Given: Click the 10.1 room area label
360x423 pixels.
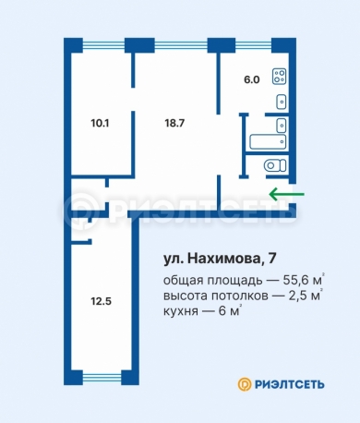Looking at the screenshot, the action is point(100,124).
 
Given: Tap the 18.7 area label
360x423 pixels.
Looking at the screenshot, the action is point(174,123).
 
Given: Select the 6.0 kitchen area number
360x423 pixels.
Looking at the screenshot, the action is point(252,79).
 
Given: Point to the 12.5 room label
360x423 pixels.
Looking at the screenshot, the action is point(101,301).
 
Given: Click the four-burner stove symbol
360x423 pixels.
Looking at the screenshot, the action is point(280,77).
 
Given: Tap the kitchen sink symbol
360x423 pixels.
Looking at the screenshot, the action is point(282,102).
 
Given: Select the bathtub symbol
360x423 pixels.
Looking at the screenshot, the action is point(268,142).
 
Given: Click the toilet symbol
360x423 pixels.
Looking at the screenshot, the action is point(275,165).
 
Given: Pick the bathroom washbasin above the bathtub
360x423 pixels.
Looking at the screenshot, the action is point(282,126).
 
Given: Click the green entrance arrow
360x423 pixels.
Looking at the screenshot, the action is point(287,194).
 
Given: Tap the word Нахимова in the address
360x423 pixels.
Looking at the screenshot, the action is point(223,259).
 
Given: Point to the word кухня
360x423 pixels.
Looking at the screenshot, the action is point(181,311).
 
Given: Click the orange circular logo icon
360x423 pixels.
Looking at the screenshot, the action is point(245,384).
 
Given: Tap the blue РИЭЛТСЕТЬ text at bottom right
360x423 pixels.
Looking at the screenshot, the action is point(290,384).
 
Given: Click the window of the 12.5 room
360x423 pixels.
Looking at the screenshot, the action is point(102,378).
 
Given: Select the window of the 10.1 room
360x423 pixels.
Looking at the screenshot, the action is point(103,46).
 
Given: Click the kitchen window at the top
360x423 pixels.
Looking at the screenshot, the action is point(254,46).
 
